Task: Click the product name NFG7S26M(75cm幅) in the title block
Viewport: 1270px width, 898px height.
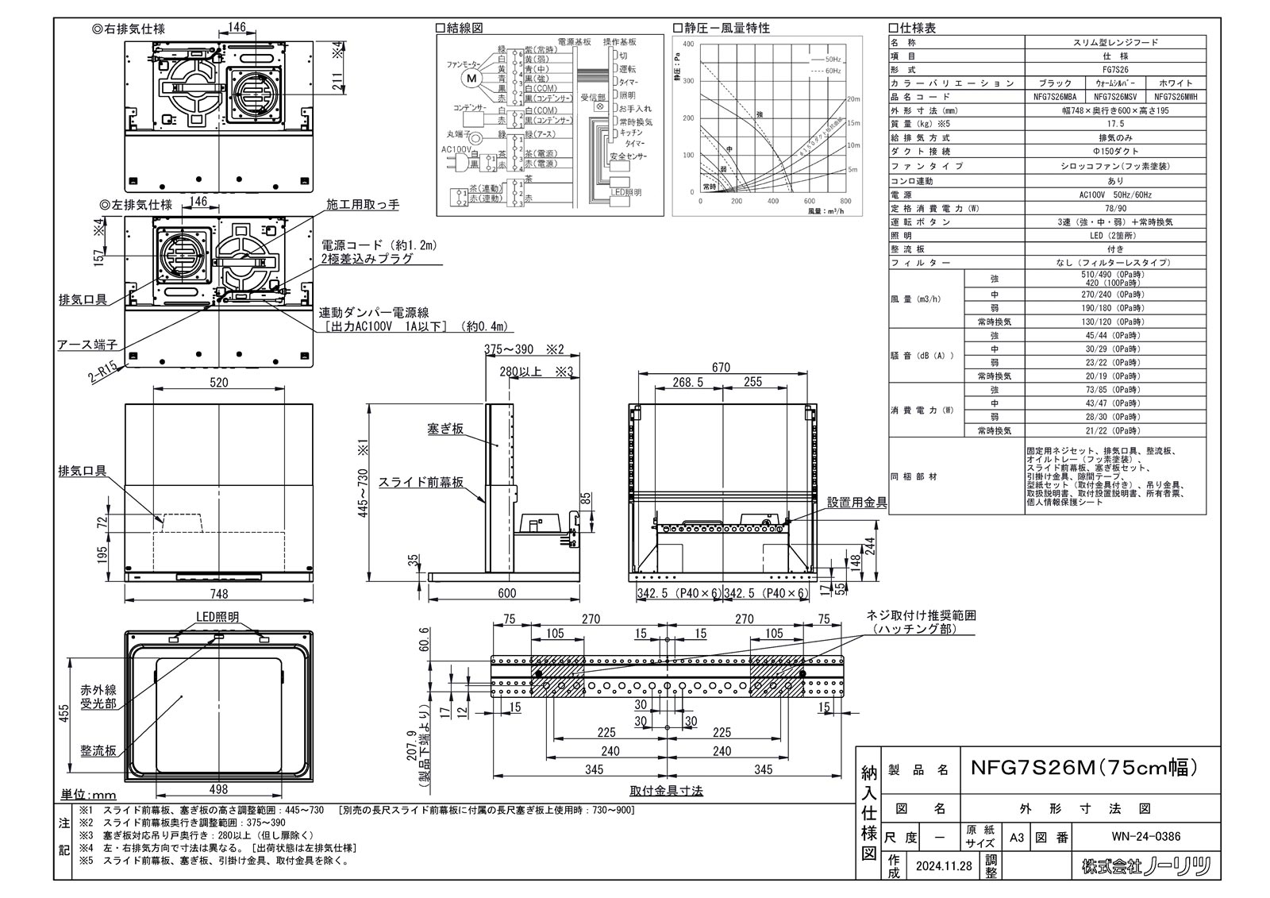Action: pyautogui.click(x=1083, y=769)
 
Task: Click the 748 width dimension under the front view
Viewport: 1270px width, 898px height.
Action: pyautogui.click(x=218, y=593)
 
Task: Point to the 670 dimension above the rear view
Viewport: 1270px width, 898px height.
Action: pyautogui.click(x=721, y=368)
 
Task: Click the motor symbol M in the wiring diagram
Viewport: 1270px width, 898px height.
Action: pyautogui.click(x=472, y=78)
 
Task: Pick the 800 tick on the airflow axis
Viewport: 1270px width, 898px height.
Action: pyautogui.click(x=845, y=202)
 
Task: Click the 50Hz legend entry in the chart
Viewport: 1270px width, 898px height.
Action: pyautogui.click(x=833, y=60)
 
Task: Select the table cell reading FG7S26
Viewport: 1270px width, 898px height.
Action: pyautogui.click(x=1115, y=69)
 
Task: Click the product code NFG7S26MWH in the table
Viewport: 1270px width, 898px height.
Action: pyautogui.click(x=1176, y=96)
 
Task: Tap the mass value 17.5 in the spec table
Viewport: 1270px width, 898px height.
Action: pyautogui.click(x=1115, y=124)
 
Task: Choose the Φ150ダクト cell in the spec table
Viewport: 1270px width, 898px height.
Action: pyautogui.click(x=1115, y=151)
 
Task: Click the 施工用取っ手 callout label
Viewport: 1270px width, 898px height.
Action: pyautogui.click(x=363, y=205)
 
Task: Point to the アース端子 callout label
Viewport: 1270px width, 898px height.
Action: pyautogui.click(x=87, y=345)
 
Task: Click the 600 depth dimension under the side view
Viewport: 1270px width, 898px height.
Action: pyautogui.click(x=506, y=593)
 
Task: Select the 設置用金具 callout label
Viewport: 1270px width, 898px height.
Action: pyautogui.click(x=856, y=503)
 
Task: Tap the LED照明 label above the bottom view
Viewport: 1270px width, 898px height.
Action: pyautogui.click(x=217, y=617)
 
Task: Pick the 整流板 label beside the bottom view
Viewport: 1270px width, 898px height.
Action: pyautogui.click(x=98, y=750)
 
